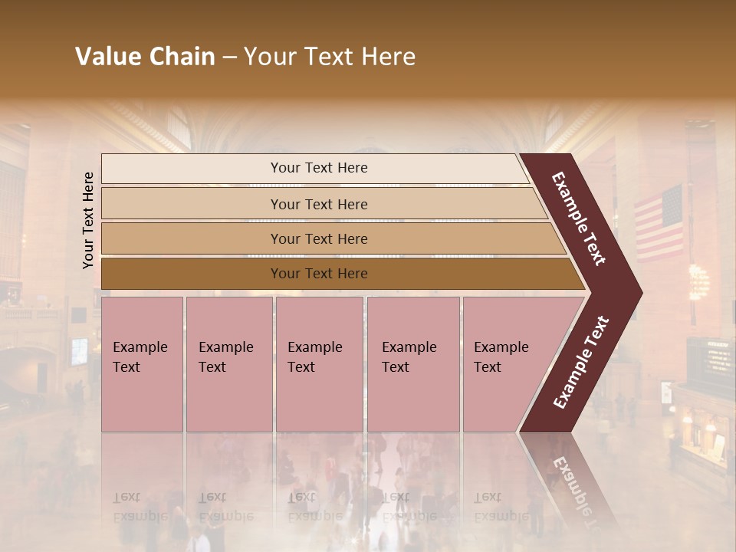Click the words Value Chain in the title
pyautogui.click(x=145, y=57)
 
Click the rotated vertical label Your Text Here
pyautogui.click(x=88, y=220)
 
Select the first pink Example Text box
pyautogui.click(x=142, y=364)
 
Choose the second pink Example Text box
pyautogui.click(x=228, y=364)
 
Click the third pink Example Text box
pyautogui.click(x=319, y=364)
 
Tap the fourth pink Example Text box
pyautogui.click(x=413, y=364)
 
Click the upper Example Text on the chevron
pyautogui.click(x=579, y=219)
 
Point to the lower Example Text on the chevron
pyautogui.click(x=581, y=362)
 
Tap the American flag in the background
pyautogui.click(x=659, y=222)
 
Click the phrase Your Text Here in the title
pyautogui.click(x=330, y=57)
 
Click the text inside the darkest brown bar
pyautogui.click(x=319, y=274)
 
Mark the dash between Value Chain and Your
pyautogui.click(x=229, y=58)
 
